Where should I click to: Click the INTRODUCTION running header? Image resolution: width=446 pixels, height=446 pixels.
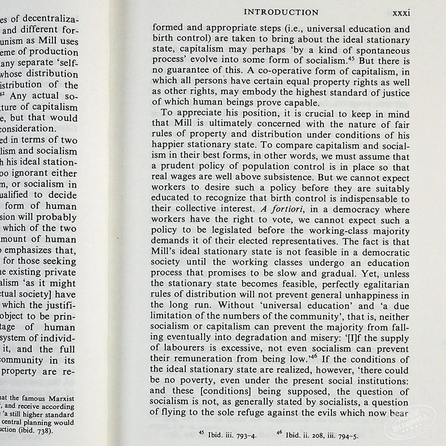[280, 12]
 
